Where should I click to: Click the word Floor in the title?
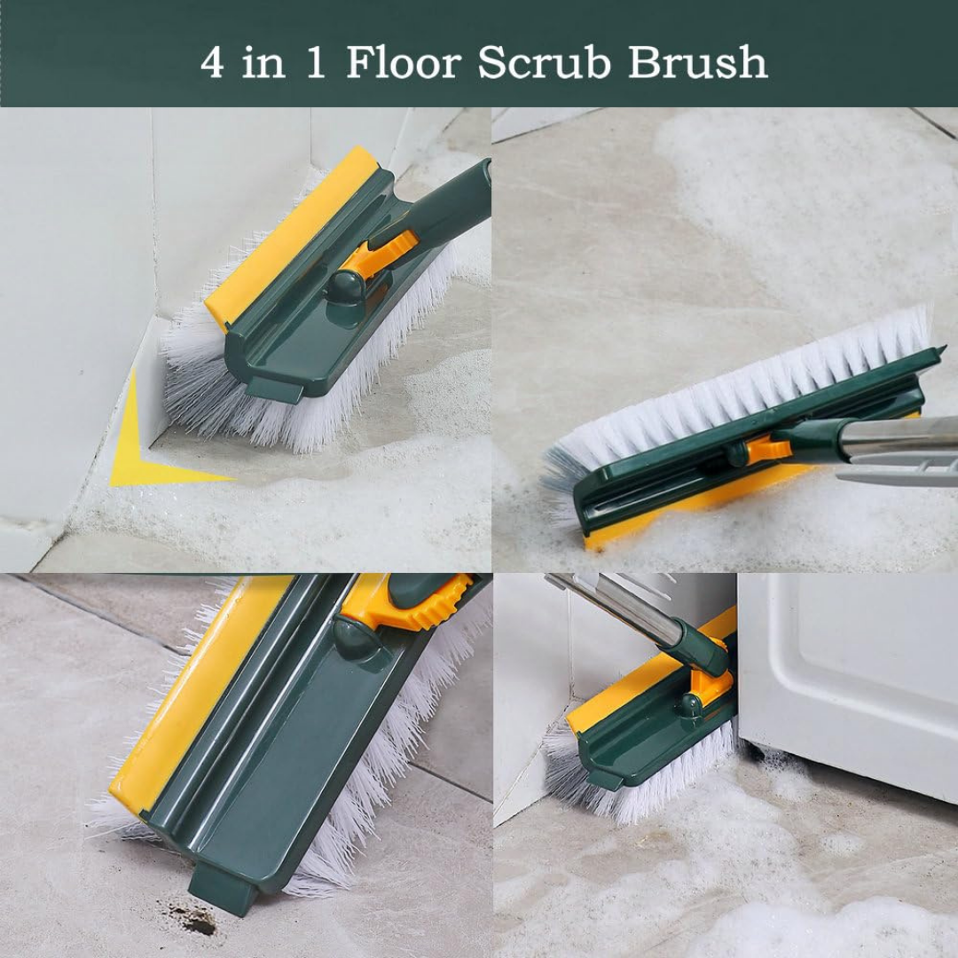coord(404,62)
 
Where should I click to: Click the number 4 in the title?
coord(212,63)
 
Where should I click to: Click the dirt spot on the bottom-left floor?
coord(195,918)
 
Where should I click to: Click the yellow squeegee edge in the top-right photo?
coord(674,510)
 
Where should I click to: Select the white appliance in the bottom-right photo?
coord(852,674)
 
